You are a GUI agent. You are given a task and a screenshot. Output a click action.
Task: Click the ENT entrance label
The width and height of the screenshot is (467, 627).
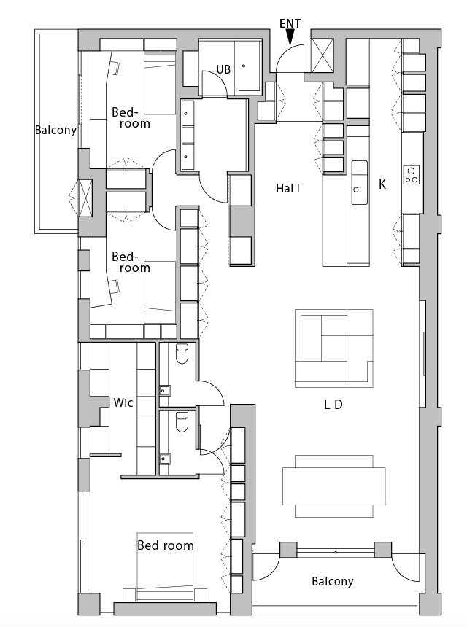(290, 24)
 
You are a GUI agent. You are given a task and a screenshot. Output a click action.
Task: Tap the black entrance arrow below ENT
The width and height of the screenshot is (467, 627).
(290, 37)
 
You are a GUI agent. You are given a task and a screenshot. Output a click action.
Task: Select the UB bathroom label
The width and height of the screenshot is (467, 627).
(223, 69)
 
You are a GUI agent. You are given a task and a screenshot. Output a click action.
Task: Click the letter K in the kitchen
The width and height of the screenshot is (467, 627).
(382, 184)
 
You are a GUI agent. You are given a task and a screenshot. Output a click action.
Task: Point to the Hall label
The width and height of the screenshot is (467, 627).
(287, 188)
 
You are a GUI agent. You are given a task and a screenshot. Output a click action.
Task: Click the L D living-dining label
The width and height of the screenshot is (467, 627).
(333, 405)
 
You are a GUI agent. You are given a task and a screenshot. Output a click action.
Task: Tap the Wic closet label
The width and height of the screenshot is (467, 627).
(123, 402)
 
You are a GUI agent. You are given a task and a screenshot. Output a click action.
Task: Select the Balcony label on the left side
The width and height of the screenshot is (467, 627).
(55, 131)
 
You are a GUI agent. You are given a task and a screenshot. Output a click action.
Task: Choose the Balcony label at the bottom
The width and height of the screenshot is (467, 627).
(333, 581)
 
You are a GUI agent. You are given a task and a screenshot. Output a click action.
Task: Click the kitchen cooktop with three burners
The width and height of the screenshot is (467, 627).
(412, 175)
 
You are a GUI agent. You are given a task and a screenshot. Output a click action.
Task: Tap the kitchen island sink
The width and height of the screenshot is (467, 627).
(359, 183)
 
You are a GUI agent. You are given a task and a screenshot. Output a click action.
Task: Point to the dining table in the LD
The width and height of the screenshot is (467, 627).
(334, 486)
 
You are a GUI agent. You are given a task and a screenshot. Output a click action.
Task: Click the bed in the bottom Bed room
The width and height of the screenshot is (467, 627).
(165, 566)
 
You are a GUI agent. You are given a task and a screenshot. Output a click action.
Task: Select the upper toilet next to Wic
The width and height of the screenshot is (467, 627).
(182, 354)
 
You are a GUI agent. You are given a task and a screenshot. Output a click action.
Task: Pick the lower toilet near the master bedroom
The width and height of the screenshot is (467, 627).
(182, 422)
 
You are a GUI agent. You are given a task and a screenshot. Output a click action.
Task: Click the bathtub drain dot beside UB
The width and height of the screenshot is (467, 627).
(244, 66)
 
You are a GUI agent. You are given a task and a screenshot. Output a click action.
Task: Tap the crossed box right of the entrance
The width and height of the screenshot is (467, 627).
(323, 55)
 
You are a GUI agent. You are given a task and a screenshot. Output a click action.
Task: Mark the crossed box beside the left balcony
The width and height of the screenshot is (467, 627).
(85, 198)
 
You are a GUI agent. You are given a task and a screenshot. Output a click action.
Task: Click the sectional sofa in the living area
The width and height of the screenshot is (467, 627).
(334, 348)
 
